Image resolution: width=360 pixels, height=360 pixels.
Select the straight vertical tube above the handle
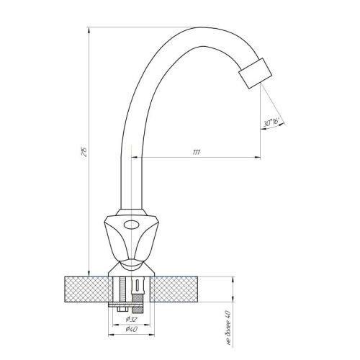132,180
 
